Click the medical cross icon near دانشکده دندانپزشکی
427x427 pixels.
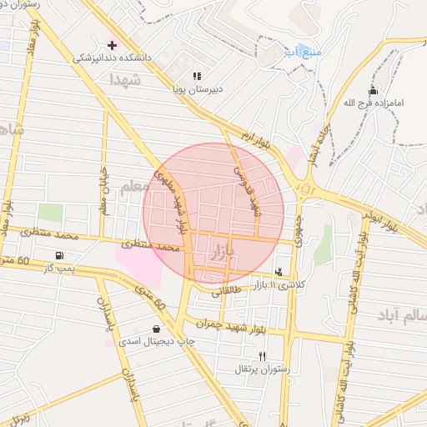tap(112, 44)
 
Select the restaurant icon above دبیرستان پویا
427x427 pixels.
tap(197, 76)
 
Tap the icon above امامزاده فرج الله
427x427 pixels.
tap(373, 91)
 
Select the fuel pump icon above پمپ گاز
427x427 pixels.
tap(58, 255)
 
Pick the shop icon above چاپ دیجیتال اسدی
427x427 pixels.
tap(156, 329)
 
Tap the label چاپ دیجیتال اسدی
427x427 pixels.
tap(156, 342)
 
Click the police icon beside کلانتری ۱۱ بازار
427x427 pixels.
tap(278, 271)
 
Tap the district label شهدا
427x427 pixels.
tap(127, 79)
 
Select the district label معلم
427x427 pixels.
tap(133, 188)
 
